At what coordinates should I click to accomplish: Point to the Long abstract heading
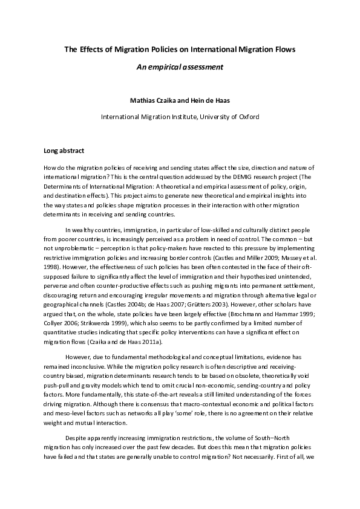pos(64,150)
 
